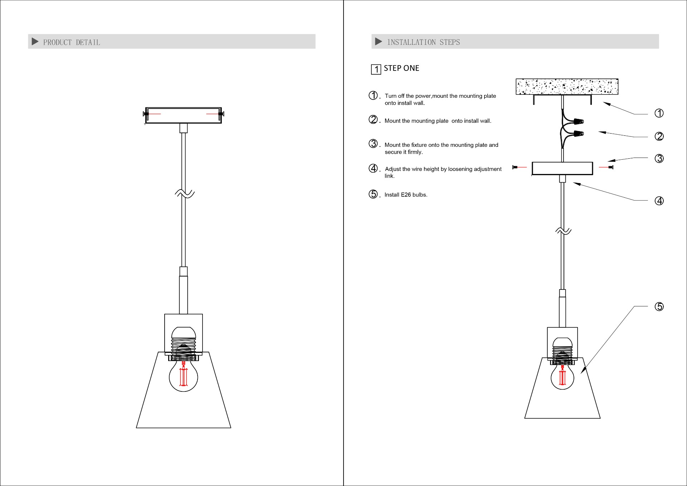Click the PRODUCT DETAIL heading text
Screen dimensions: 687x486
coord(72,42)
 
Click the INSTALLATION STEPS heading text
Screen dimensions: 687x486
coord(424,42)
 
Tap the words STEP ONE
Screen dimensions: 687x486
coord(401,68)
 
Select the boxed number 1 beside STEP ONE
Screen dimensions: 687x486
coord(376,69)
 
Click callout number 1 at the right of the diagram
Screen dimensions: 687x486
coord(659,113)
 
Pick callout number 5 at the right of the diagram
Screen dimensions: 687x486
coord(659,307)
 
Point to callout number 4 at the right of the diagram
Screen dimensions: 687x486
coord(659,201)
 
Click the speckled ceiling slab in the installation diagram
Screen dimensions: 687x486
coord(567,87)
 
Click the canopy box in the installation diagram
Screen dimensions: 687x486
coord(562,168)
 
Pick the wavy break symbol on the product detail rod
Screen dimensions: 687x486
coord(185,194)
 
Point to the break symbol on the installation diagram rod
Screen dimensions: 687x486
coord(563,231)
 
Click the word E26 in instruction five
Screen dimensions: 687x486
coord(406,195)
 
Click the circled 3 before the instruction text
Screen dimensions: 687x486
coord(373,144)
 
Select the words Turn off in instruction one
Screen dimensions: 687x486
coord(394,96)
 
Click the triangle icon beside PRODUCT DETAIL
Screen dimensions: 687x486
coord(35,42)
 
